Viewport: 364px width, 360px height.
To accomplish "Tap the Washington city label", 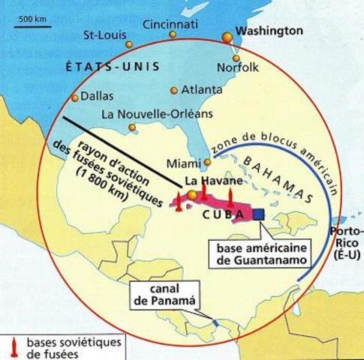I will tap(269, 31).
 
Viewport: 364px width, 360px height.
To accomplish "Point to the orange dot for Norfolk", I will tap(236, 58).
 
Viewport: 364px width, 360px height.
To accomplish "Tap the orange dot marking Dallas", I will tap(74, 97).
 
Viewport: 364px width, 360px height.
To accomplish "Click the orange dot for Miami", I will tap(207, 162).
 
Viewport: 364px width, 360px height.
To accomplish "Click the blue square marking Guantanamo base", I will tap(258, 214).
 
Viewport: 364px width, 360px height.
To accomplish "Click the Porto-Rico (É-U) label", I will tap(345, 245).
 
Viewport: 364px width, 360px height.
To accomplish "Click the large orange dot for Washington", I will tap(227, 37).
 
